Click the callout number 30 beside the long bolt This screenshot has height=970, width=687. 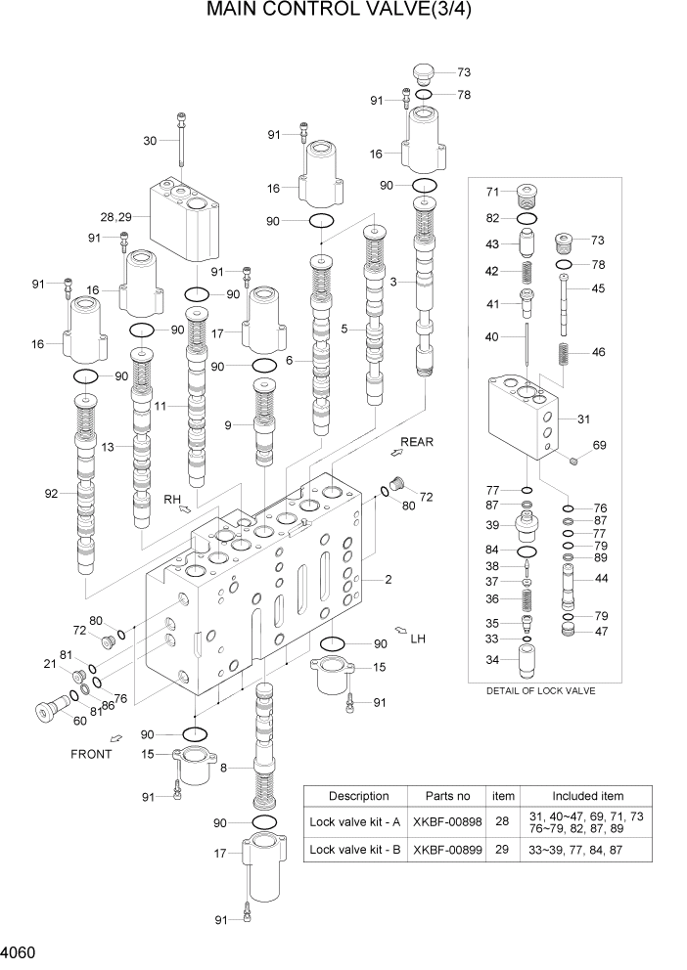tap(150, 141)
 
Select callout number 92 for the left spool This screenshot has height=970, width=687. tap(52, 494)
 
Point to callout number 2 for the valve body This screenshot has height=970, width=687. tap(388, 580)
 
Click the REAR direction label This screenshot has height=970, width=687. tap(417, 442)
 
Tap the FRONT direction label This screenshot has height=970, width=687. tap(91, 754)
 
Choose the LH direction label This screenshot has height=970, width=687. tap(418, 639)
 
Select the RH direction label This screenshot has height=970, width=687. tap(172, 499)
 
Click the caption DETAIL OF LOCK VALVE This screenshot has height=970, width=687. tap(540, 690)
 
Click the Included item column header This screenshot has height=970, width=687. tap(587, 796)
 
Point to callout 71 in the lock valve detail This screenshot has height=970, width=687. tap(494, 192)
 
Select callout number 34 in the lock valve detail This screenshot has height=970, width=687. tap(494, 660)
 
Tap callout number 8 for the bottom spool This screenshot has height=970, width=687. tap(223, 769)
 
